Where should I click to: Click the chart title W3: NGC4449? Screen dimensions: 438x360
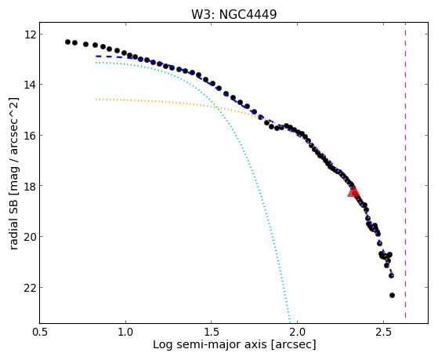(x=233, y=14)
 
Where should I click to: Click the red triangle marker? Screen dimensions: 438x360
(x=353, y=191)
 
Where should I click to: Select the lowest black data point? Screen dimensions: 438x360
(x=392, y=295)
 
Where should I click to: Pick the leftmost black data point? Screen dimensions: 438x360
(x=67, y=42)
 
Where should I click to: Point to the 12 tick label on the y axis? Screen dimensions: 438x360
(x=29, y=35)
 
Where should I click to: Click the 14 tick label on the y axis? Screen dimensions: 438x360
(x=29, y=85)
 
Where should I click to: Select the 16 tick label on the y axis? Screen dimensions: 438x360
(x=29, y=136)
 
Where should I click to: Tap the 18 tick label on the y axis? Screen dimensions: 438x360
(x=29, y=186)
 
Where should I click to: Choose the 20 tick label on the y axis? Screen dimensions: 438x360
(x=29, y=237)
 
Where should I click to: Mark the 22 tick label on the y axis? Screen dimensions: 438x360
(x=29, y=288)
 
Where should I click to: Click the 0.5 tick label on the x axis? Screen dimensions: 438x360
(x=40, y=332)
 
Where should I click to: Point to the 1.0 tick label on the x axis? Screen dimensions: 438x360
(x=125, y=332)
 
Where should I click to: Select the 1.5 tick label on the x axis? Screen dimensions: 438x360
(x=212, y=332)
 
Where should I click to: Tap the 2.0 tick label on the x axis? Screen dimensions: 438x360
(x=297, y=332)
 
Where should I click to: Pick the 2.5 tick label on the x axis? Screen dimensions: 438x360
(x=383, y=332)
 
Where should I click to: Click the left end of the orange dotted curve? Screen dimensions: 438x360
(x=96, y=100)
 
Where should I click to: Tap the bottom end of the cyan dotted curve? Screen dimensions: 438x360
(x=290, y=322)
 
